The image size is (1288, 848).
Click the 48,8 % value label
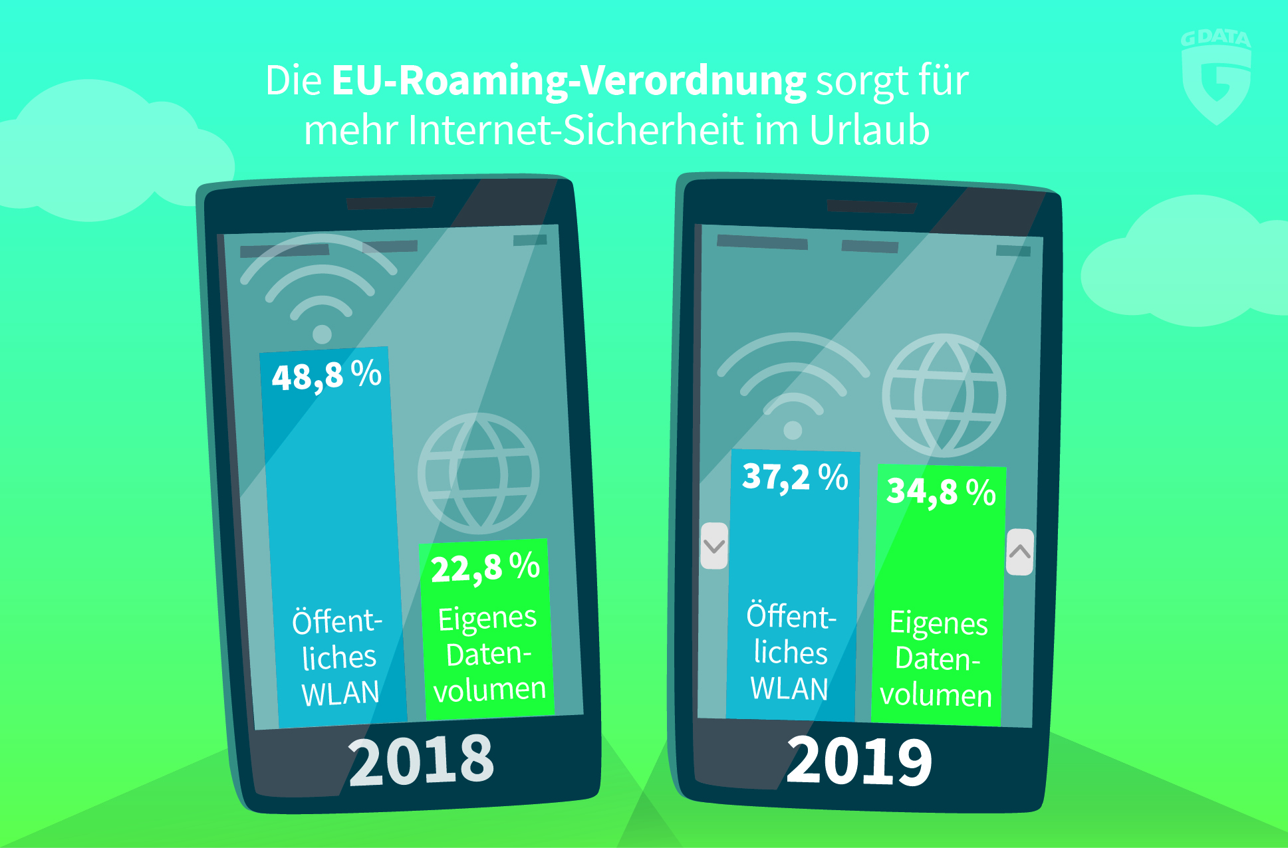[326, 375]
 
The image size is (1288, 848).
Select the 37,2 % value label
[795, 477]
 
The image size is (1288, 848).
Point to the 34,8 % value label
[941, 492]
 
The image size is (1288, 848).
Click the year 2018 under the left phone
[421, 760]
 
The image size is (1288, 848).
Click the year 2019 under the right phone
[859, 761]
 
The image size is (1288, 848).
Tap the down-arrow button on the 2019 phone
[714, 546]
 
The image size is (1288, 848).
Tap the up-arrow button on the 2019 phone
[1019, 552]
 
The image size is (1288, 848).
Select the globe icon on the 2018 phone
[478, 473]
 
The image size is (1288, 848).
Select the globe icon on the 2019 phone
[944, 395]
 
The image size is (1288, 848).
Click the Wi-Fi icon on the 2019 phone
[793, 385]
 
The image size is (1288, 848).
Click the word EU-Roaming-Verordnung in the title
[569, 81]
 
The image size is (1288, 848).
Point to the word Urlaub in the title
[869, 130]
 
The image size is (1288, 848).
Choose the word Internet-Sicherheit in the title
[575, 130]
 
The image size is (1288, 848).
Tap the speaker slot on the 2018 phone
[390, 203]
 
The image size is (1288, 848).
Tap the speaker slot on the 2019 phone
[871, 206]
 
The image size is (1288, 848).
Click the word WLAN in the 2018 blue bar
[340, 693]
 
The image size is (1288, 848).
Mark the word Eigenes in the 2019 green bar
[938, 623]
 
